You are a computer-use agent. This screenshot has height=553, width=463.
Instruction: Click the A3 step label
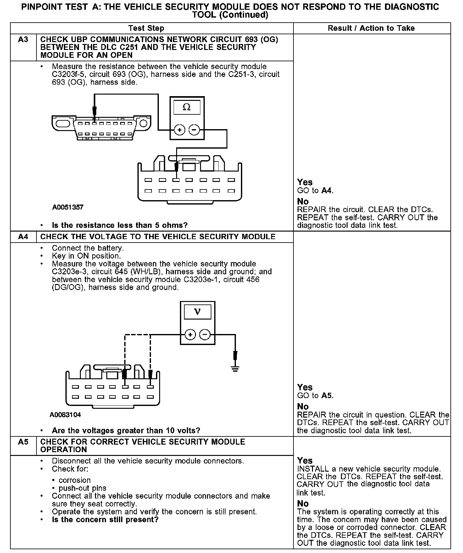(x=23, y=40)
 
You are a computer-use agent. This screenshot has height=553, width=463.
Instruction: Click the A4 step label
(x=23, y=237)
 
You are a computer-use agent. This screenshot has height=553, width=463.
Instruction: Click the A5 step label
(x=23, y=442)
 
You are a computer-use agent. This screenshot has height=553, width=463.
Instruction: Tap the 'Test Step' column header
(x=146, y=28)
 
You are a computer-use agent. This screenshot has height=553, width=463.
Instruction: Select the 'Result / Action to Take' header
(x=371, y=28)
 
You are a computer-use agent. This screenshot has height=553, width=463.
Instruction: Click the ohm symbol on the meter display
(x=187, y=107)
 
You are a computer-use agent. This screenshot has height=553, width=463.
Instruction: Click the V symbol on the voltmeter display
(x=197, y=312)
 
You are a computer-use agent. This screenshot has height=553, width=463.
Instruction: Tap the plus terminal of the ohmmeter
(x=179, y=130)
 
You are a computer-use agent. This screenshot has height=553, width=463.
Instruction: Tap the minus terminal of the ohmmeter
(x=194, y=130)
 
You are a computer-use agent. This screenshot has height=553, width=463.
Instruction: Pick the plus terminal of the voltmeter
(x=190, y=335)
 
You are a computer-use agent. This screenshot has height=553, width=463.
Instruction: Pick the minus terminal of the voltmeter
(x=205, y=335)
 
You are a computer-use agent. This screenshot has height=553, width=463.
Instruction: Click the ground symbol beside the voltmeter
(x=235, y=368)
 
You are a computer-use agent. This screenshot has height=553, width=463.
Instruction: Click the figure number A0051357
(x=68, y=207)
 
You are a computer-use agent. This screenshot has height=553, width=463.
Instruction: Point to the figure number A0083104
(x=65, y=415)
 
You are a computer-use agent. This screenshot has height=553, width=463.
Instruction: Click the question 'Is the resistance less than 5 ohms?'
(x=120, y=225)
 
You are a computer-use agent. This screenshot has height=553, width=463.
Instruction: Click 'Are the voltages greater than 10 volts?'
(x=126, y=430)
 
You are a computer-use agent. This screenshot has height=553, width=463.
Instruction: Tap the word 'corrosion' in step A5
(x=75, y=480)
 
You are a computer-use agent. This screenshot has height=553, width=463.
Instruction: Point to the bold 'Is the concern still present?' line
(x=105, y=519)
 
